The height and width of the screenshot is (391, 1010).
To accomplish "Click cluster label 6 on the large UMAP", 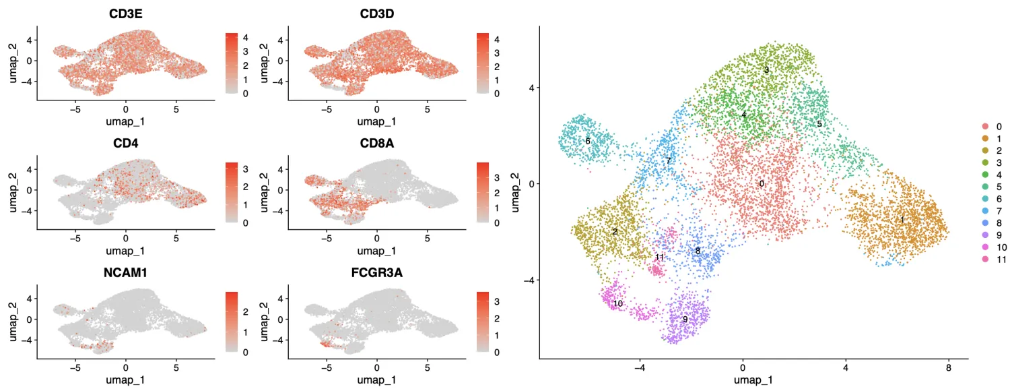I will point(588,141).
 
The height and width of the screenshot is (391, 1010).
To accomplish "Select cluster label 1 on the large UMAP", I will point(902,220).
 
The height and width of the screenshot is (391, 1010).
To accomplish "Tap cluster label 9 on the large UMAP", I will point(685,320).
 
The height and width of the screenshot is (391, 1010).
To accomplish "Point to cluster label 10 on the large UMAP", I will point(617,304).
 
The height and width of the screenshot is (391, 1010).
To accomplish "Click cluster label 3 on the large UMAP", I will point(766,69).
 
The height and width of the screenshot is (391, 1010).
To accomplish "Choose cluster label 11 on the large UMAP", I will point(659,258).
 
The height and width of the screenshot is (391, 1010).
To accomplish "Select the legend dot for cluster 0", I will point(985,126).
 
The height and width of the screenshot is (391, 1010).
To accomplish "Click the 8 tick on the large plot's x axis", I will point(948,369).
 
